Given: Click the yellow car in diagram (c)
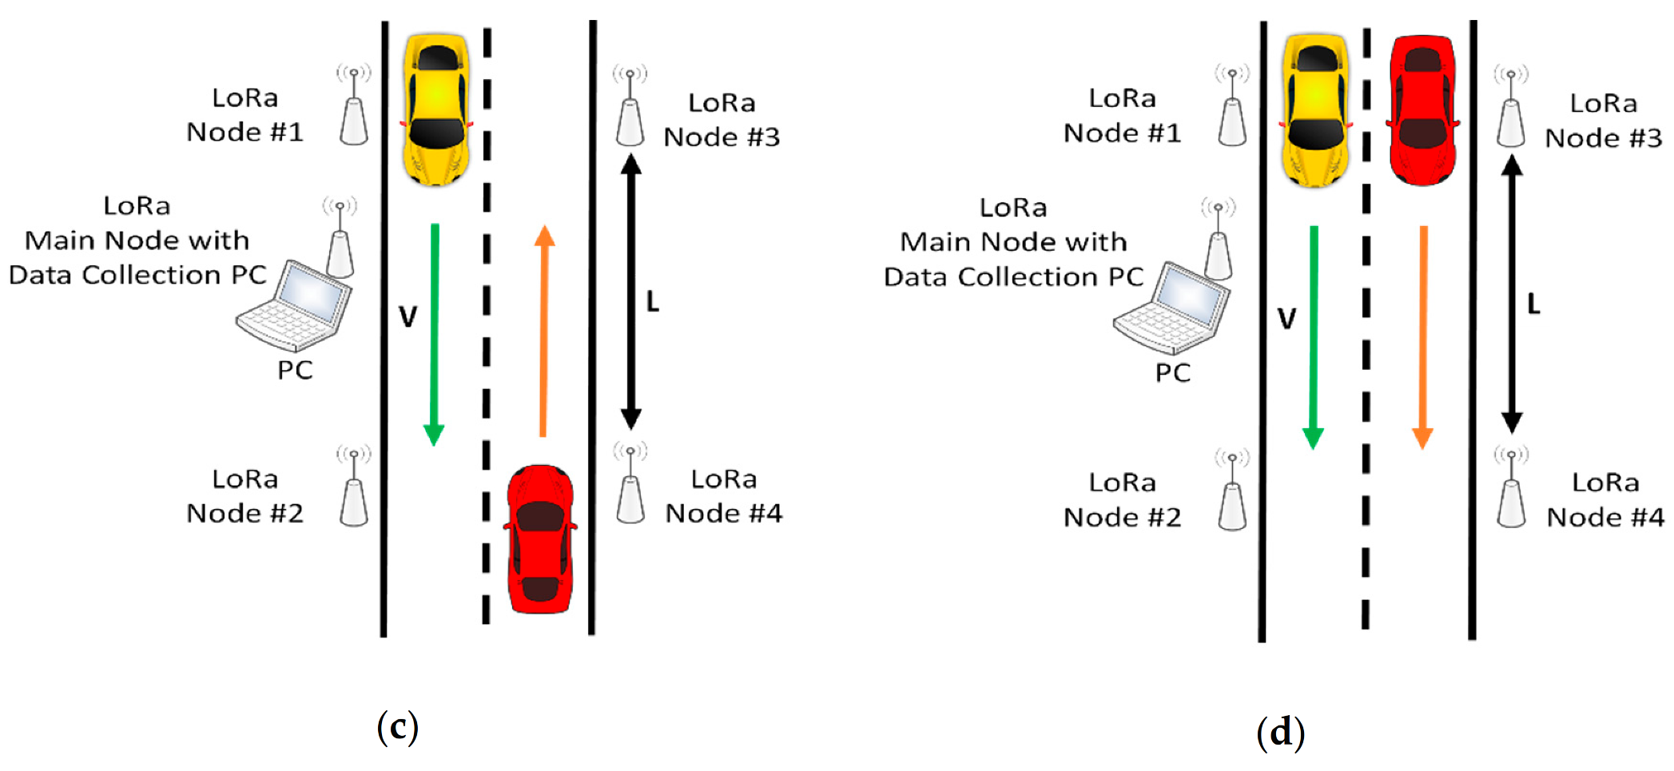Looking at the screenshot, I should [436, 109].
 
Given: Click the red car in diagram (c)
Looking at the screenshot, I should [540, 540].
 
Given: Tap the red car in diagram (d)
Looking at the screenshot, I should [1422, 110].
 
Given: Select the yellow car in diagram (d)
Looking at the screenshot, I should [1315, 110].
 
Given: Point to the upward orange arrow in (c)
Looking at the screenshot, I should [544, 331].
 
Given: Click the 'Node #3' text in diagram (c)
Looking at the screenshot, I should [722, 137].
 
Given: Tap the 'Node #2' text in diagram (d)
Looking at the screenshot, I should [1122, 518].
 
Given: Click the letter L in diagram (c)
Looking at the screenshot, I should [653, 302].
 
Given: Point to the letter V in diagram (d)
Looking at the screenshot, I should [1286, 320].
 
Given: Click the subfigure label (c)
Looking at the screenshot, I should [397, 726].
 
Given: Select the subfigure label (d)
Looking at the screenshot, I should [1280, 732].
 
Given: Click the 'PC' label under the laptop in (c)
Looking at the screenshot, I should [295, 371].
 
